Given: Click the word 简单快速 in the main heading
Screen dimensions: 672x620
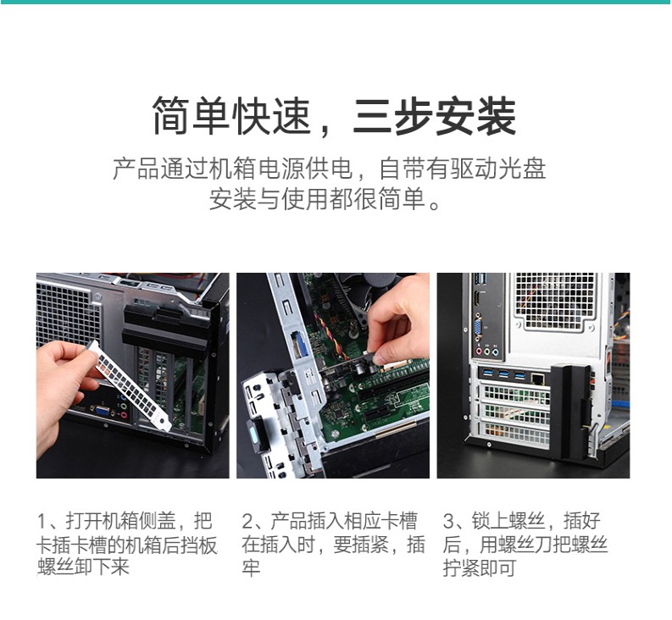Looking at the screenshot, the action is pos(231,116).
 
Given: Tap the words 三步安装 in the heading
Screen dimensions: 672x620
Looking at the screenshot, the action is pos(434,116).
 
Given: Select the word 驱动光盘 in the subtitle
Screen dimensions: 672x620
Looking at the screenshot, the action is pos(498,169).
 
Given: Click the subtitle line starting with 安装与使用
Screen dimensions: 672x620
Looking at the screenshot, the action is pos(325,198).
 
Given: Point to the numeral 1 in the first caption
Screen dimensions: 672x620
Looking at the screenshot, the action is pos(42,522).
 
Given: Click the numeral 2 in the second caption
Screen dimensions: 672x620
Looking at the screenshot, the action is pos(248,522).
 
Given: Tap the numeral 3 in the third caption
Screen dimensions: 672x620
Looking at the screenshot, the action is pos(448,522).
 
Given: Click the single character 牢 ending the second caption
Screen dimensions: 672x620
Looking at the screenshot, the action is pos(251,568).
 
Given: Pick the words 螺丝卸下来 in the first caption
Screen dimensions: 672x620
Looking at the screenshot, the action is pos(83,567).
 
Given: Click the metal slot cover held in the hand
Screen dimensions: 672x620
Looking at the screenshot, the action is pos(131,385).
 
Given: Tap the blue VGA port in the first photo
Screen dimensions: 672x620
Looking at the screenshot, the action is pos(103,411).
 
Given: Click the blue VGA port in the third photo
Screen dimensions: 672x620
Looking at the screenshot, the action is pos(478,324).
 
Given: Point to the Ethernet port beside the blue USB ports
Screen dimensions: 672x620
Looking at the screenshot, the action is pos(537,378).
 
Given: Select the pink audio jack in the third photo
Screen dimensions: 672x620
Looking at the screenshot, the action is pos(479,352).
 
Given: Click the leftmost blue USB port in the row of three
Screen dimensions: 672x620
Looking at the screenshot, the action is pos(487,374).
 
